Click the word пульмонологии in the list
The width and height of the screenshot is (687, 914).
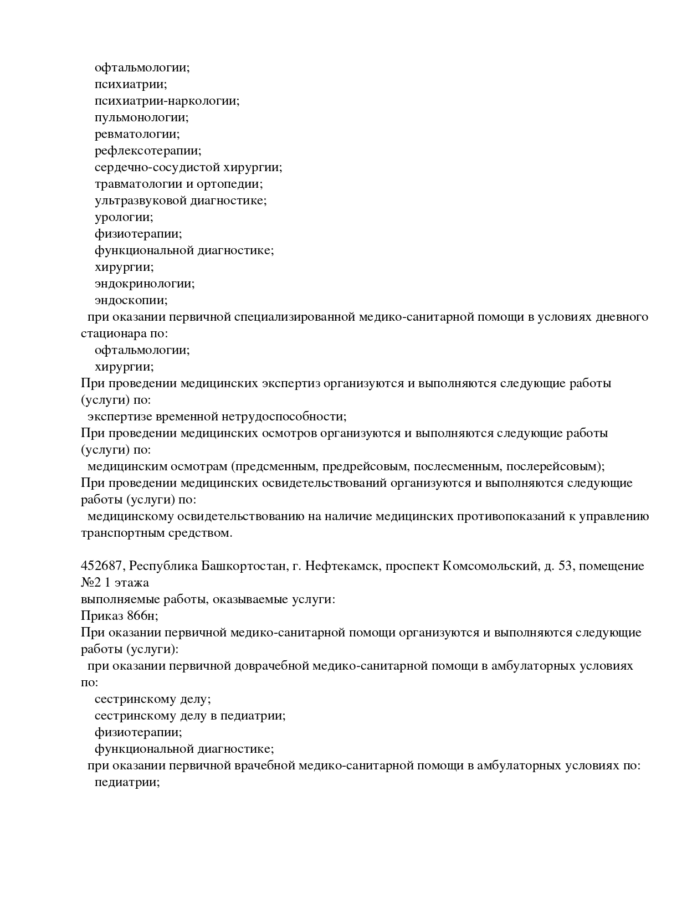point(141,118)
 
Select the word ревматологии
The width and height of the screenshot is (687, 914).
point(137,135)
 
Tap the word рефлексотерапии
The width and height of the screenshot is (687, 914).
point(147,151)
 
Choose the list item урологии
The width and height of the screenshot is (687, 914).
point(124,218)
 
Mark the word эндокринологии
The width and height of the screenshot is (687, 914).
point(145,284)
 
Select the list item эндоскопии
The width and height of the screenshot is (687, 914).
point(131,301)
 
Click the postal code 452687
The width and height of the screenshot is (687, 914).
point(102,567)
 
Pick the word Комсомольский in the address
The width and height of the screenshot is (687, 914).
point(488,567)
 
